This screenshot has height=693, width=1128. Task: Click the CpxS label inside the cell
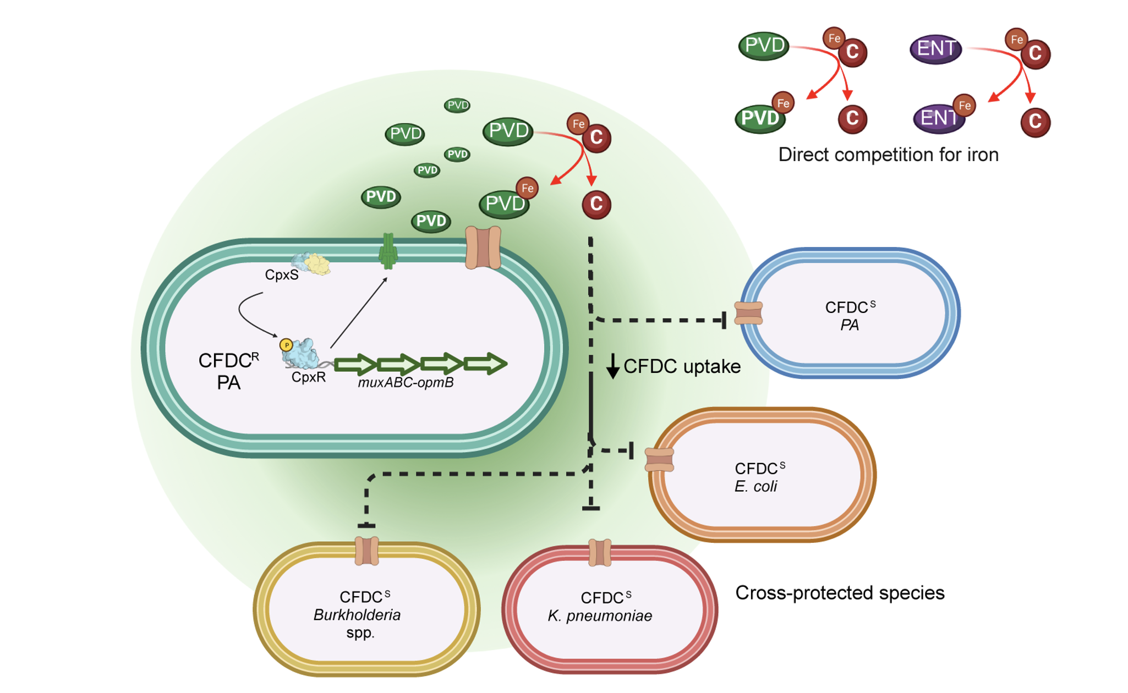coord(281,274)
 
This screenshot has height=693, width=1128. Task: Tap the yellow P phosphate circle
coord(286,345)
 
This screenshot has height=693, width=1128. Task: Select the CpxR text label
coord(308,377)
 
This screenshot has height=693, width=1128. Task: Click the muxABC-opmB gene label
coord(406,382)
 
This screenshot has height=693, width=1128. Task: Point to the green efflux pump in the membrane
coord(388,251)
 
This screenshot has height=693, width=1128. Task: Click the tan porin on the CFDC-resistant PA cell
coord(483,248)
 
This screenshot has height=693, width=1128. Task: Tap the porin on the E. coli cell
coord(659,460)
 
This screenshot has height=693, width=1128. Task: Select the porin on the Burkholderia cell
coord(366,551)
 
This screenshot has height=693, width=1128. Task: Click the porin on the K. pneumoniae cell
coord(600,553)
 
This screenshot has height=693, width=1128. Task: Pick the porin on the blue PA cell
coord(748,313)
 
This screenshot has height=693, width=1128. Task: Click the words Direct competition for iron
coord(888,155)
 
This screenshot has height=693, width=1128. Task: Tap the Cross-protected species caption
coord(839,593)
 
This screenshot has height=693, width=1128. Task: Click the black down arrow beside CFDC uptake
coord(612,366)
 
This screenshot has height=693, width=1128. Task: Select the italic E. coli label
coord(755,486)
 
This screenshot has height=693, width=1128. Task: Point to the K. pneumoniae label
coord(600,616)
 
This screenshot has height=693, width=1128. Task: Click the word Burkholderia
coord(357,615)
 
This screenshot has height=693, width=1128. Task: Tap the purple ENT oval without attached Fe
coord(935,49)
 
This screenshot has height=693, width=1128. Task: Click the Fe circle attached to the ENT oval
coord(964,106)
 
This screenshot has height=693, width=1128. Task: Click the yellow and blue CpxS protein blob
coord(311,263)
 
